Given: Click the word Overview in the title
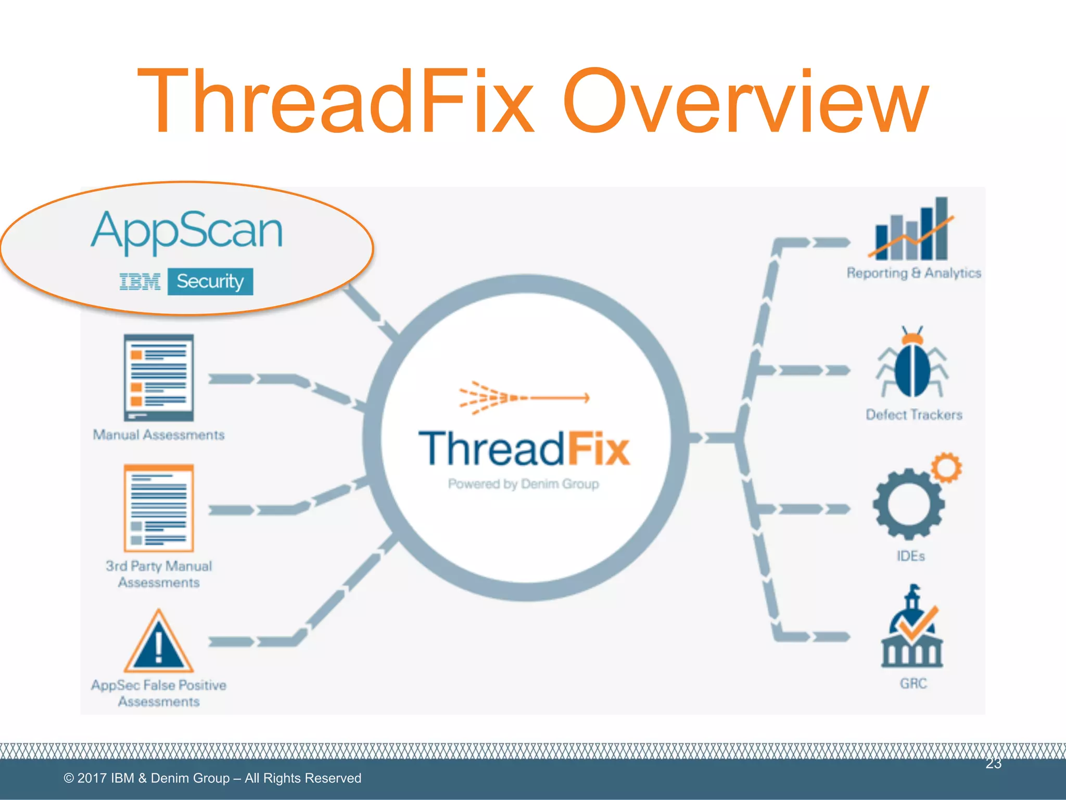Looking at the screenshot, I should (745, 102).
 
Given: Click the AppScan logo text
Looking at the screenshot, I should (187, 231).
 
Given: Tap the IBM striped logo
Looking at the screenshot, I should (139, 282).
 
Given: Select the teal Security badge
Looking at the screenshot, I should (210, 282).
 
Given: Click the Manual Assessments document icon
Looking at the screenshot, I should (159, 378).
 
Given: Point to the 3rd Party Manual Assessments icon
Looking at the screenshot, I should (159, 508).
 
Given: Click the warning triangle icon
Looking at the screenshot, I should (159, 643).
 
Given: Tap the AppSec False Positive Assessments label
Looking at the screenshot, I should (159, 693).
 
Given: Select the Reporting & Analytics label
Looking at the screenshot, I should (913, 273).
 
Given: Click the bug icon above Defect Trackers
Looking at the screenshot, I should (912, 363).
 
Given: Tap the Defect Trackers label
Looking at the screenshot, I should (913, 415).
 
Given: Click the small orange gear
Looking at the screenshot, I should (946, 467).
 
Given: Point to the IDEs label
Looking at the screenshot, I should (910, 556).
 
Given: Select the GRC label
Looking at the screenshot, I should (913, 683).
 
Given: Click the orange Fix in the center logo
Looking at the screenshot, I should (599, 449).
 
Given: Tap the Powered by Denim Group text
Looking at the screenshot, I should (523, 484).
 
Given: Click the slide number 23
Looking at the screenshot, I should (993, 764).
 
